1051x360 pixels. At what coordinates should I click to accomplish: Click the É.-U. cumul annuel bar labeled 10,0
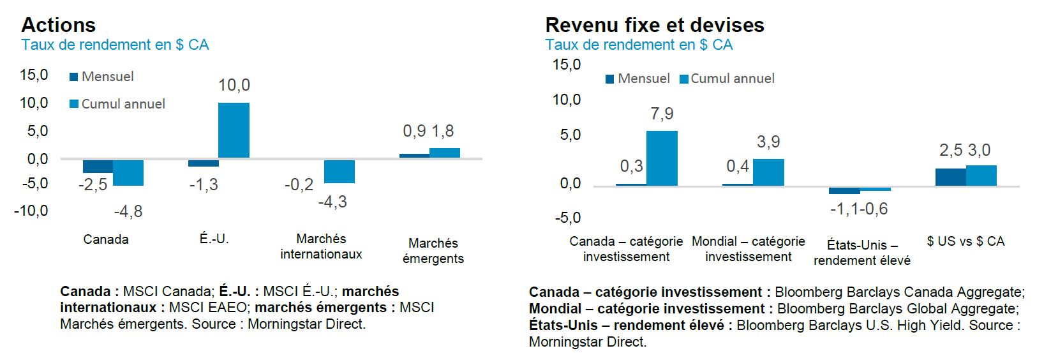pyautogui.click(x=234, y=130)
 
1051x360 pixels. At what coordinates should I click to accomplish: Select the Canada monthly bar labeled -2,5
pyautogui.click(x=98, y=166)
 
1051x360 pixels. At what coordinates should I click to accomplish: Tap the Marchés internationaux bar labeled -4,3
pyautogui.click(x=339, y=171)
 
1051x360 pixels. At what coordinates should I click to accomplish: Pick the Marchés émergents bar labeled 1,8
pyautogui.click(x=444, y=153)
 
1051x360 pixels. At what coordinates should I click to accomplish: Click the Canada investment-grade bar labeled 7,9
pyautogui.click(x=662, y=158)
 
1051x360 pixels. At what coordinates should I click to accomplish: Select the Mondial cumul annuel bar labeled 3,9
pyautogui.click(x=768, y=172)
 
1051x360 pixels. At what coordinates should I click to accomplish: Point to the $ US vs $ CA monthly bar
pyautogui.click(x=950, y=177)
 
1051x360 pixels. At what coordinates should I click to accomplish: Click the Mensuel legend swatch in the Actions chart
pyautogui.click(x=74, y=77)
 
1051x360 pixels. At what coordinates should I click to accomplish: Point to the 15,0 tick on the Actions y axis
pyautogui.click(x=34, y=75)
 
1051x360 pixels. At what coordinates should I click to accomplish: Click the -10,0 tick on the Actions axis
pyautogui.click(x=31, y=211)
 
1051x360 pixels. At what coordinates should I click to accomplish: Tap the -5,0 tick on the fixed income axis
pyautogui.click(x=567, y=218)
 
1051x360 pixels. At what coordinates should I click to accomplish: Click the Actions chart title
pyautogui.click(x=58, y=25)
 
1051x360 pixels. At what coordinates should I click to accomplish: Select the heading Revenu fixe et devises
pyautogui.click(x=654, y=25)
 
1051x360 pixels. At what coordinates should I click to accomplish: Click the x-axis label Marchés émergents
pyautogui.click(x=433, y=251)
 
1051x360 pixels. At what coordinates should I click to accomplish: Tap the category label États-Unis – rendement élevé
pyautogui.click(x=861, y=253)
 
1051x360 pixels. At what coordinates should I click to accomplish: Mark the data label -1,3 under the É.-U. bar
pyautogui.click(x=204, y=185)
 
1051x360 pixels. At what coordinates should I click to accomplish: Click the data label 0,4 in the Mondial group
pyautogui.click(x=738, y=167)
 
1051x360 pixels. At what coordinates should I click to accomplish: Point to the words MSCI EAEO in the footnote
pyautogui.click(x=207, y=308)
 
